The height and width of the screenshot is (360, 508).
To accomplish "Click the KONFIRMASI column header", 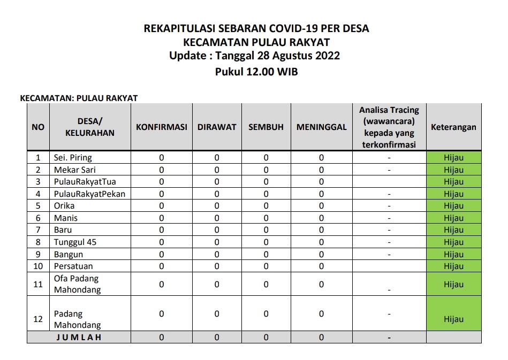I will (161, 127).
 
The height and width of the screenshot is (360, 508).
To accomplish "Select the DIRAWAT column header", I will (217, 127).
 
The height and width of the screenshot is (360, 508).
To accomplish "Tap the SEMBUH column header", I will (266, 127).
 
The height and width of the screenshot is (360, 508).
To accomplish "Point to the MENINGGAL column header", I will (321, 127).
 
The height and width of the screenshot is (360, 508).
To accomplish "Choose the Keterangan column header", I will (453, 127).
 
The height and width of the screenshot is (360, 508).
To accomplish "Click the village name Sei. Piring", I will (73, 158).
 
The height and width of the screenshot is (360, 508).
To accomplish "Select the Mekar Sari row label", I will (74, 170).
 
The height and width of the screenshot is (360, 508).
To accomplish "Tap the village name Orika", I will (64, 206).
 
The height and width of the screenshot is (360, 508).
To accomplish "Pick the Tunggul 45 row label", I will (75, 242).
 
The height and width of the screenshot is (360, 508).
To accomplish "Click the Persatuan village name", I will (73, 266).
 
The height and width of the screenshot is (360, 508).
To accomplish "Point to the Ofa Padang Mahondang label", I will (77, 284).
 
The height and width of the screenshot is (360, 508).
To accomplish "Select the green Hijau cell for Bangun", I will (453, 254).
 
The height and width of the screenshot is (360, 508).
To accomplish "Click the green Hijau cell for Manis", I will (453, 218).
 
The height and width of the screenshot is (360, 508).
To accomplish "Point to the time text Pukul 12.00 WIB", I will (256, 72).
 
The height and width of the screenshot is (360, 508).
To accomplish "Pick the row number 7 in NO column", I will (38, 230).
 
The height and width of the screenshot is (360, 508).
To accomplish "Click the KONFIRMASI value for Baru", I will (161, 230).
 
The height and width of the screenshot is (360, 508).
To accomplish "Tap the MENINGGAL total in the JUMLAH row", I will (321, 338).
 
